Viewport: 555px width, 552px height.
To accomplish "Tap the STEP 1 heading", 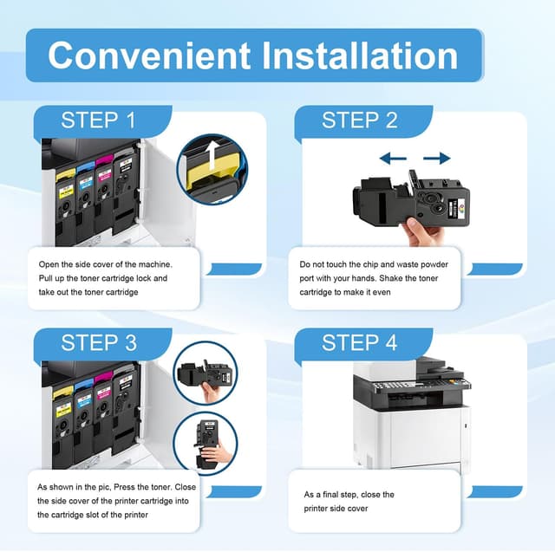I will pos(98,120).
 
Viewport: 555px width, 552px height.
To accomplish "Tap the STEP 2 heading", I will pos(359,120).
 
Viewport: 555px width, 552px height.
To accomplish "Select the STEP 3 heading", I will pos(98,342).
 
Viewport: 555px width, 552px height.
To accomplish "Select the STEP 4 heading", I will pos(359,342).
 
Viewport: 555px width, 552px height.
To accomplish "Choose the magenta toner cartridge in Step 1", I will pos(105,182).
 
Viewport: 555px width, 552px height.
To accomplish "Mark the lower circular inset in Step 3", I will pos(204,443).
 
